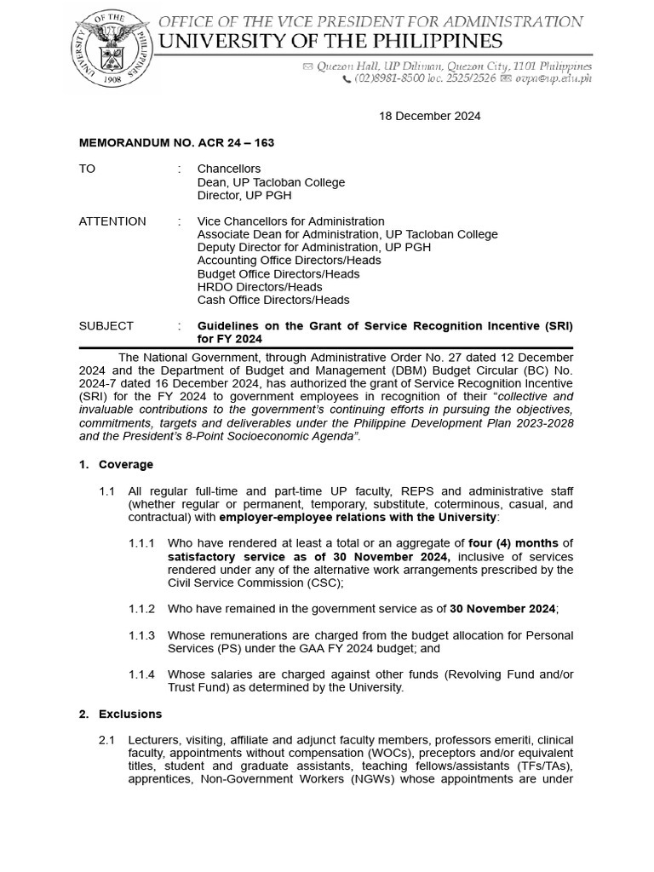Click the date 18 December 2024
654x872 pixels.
tap(429, 116)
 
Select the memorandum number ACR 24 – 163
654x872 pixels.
tap(176, 143)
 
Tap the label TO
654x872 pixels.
tap(87, 169)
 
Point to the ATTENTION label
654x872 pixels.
tap(112, 221)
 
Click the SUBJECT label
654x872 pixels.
tap(106, 325)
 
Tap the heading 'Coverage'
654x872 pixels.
tap(126, 464)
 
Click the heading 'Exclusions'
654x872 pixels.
tap(130, 714)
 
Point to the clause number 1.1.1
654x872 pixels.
tap(141, 543)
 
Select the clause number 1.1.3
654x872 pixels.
tap(141, 635)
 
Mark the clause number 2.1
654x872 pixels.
tap(106, 740)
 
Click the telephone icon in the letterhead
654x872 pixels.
tap(347, 79)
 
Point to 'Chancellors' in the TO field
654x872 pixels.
tap(229, 169)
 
